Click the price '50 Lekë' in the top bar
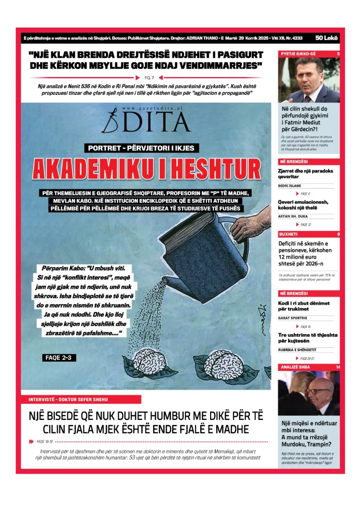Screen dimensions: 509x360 pos(327,38)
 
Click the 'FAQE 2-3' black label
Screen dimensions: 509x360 pos(59,358)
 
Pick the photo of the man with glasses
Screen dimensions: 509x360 pos(309,80)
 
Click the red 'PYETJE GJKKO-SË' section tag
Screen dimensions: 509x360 pos(298,54)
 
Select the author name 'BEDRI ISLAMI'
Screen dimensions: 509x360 pos(290,186)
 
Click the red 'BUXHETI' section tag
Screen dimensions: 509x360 pos(288,234)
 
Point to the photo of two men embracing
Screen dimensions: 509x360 pos(309,393)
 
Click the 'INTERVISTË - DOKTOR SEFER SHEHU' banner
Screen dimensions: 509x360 pos(81,399)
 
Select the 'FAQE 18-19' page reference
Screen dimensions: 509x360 pos(44,441)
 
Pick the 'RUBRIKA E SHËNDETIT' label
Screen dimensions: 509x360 pos(297,350)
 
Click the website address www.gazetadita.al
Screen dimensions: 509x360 pos(152,108)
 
